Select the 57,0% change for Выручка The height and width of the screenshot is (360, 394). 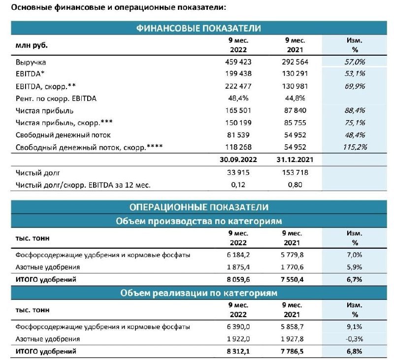click(x=352, y=63)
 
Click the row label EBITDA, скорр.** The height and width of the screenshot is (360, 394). click(x=45, y=86)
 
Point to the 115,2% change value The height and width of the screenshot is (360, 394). click(x=352, y=146)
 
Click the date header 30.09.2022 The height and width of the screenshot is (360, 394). click(x=238, y=160)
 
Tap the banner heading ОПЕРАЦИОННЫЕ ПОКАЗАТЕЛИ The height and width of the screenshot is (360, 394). click(x=198, y=207)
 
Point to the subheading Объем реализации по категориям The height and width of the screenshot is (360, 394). click(x=198, y=293)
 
